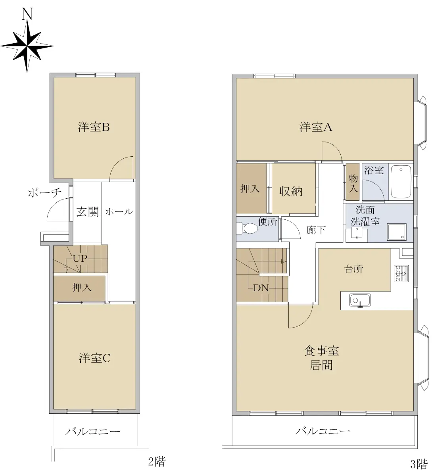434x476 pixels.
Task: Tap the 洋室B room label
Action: pos(94,127)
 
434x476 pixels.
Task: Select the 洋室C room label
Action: pos(94,358)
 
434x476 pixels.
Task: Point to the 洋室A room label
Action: pos(316,127)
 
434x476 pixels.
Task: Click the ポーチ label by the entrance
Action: pos(45,192)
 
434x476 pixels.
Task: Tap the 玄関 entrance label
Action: pos(88,212)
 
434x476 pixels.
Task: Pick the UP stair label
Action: pos(80,258)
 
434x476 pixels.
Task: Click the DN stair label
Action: pos(261,288)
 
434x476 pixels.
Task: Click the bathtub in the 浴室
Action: pos(401,182)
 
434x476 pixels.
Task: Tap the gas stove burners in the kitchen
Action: pos(401,273)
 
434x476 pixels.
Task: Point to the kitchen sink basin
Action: pos(360,300)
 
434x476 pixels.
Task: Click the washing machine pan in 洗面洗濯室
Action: pos(397,232)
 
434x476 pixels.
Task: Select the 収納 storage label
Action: pos(291,191)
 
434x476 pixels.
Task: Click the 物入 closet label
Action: pos(353,183)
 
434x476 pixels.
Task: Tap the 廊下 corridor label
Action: pos(316,230)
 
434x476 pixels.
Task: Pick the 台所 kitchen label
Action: pos(353,269)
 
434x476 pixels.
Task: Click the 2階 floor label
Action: pos(157,462)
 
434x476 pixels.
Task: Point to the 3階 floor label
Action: pos(419,464)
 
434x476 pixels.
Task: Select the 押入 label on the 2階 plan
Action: pos(82,288)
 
